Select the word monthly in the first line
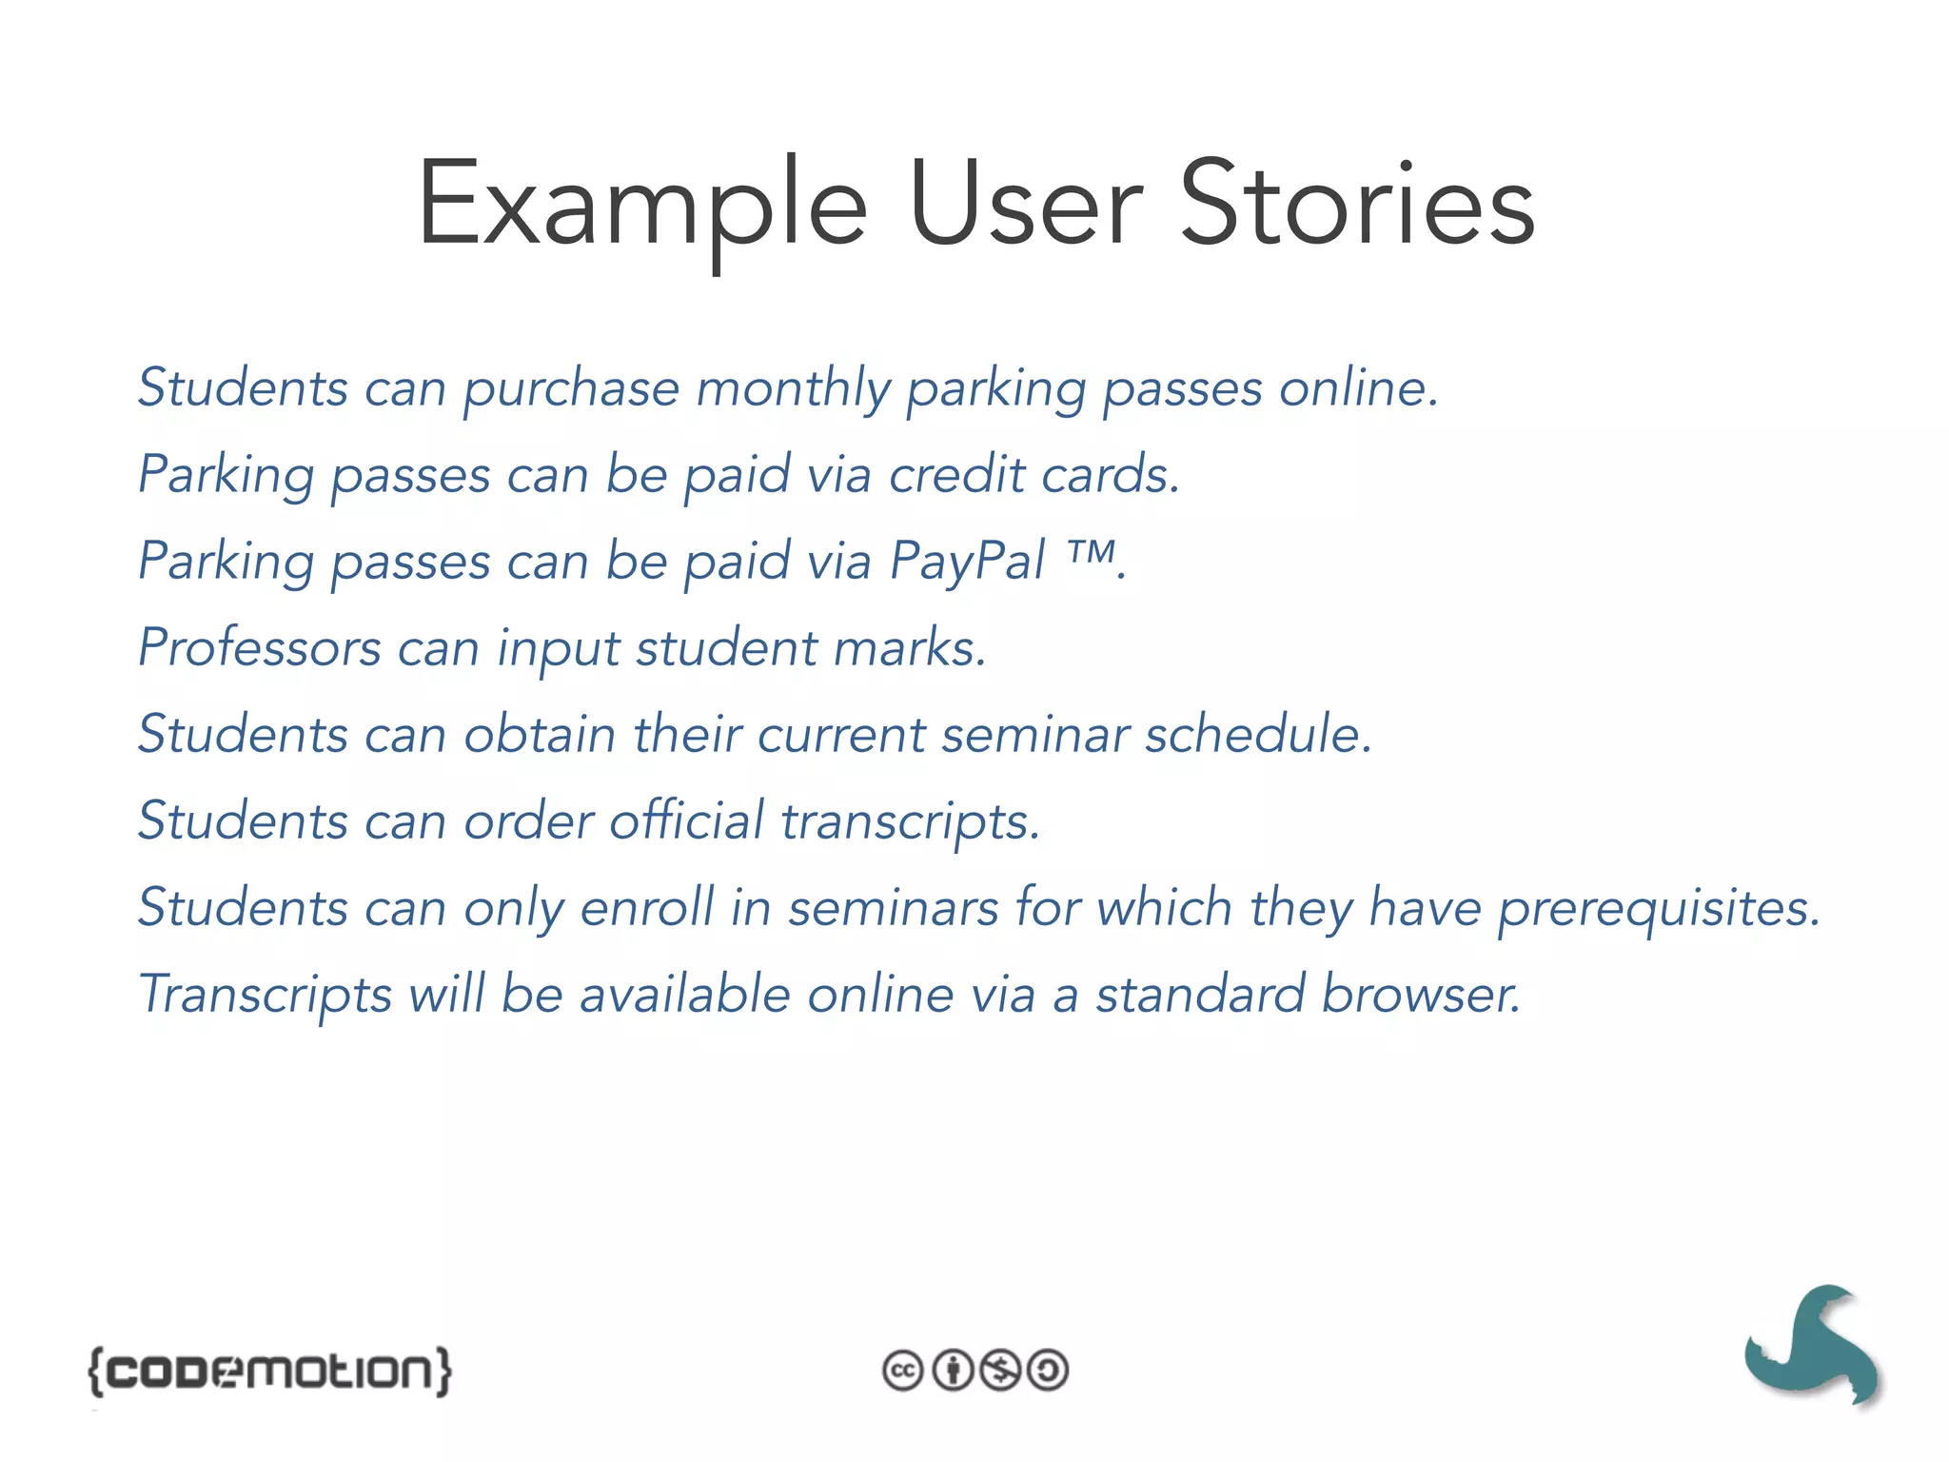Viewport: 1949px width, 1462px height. [x=793, y=388]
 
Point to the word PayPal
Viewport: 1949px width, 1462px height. [x=967, y=561]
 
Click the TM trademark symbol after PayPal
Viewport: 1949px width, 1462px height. [x=1091, y=551]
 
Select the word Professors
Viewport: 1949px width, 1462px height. [x=259, y=648]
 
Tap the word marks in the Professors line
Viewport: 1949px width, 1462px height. [x=909, y=648]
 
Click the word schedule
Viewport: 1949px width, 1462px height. [x=1258, y=734]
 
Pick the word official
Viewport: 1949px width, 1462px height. [x=686, y=820]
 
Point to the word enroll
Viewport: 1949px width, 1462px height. [x=647, y=907]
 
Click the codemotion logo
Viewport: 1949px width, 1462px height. [x=270, y=1371]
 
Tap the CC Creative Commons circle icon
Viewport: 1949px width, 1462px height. [x=902, y=1371]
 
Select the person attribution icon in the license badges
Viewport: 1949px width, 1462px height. [x=952, y=1371]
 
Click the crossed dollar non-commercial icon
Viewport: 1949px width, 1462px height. [x=1000, y=1371]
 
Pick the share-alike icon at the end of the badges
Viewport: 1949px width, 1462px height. [x=1049, y=1371]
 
